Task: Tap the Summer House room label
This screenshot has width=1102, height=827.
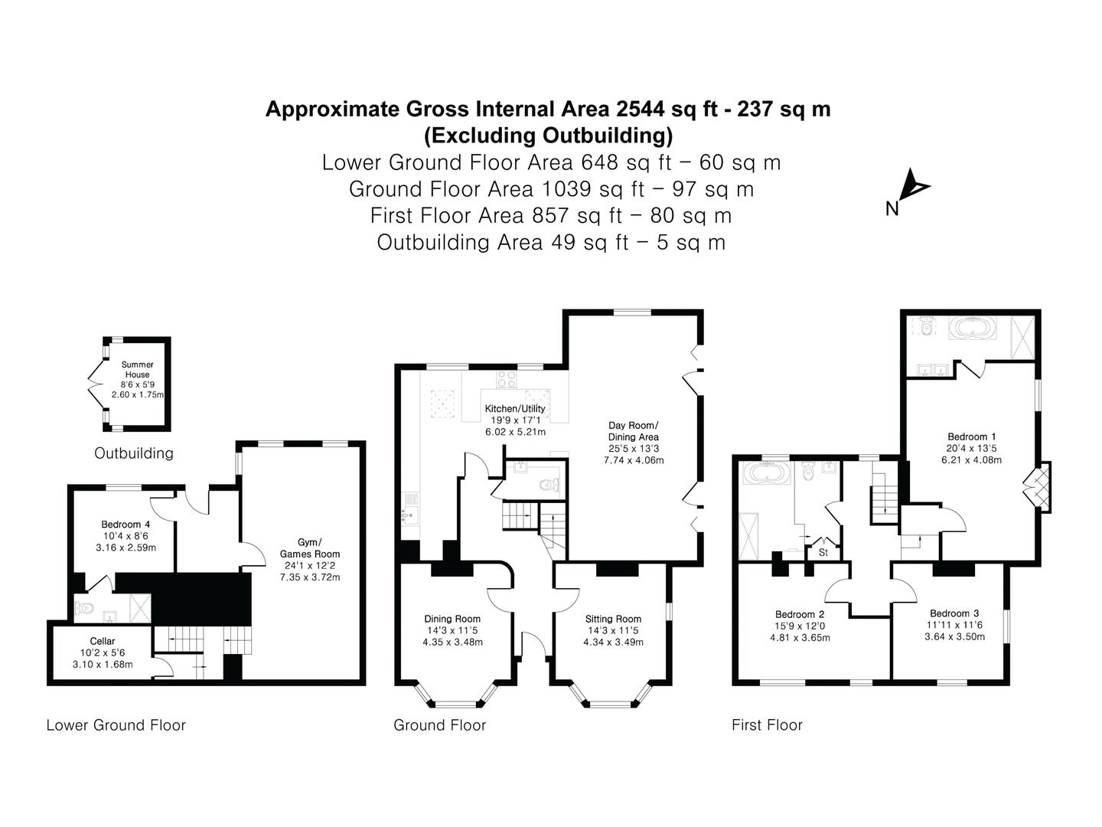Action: point(137,370)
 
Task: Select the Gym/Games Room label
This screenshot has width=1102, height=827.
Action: point(310,548)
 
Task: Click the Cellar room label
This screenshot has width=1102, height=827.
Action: point(103,641)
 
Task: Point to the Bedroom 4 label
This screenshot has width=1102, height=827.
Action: point(126,525)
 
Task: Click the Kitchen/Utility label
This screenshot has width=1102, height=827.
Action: point(515,409)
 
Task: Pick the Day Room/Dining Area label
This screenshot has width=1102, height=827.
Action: point(634,431)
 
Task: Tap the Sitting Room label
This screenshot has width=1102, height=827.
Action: point(613,619)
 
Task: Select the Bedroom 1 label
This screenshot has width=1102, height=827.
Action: point(971,436)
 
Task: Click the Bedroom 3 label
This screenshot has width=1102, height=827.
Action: point(954,613)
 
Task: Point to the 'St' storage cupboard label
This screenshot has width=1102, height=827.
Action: point(823,552)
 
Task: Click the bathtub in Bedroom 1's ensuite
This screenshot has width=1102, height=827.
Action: point(973,329)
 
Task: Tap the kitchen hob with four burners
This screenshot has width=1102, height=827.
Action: point(506,379)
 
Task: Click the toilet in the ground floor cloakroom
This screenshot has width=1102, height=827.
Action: point(549,485)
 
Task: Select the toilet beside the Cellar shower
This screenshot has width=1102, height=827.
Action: point(84,608)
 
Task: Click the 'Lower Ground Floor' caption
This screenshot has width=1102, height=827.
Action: point(116,725)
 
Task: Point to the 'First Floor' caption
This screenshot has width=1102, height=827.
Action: point(767,725)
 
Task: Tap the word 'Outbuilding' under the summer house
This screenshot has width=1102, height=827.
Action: point(134,453)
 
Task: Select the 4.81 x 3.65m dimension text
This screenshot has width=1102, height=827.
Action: point(800,638)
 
